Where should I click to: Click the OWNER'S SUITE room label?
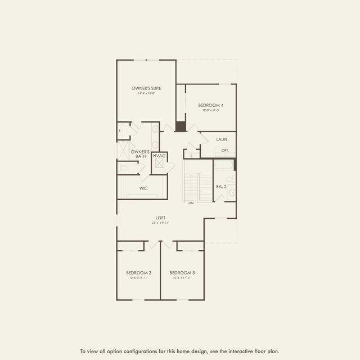(x=146, y=88)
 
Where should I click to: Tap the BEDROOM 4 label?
(x=211, y=105)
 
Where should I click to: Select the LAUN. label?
(x=222, y=138)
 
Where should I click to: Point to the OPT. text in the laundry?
(x=225, y=150)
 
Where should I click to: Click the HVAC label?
(x=159, y=156)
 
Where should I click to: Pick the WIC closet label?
(x=143, y=188)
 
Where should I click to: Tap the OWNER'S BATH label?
(x=139, y=154)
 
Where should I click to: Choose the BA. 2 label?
(x=221, y=186)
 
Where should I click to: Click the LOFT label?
(x=160, y=218)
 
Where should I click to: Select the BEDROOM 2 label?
(x=138, y=273)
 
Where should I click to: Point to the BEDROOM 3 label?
(x=181, y=273)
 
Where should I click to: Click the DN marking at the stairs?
(x=191, y=203)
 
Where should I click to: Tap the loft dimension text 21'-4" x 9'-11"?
(x=160, y=223)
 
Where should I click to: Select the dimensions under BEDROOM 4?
(x=211, y=110)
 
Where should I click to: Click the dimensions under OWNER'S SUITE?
(x=146, y=93)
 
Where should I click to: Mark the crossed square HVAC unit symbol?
(x=160, y=164)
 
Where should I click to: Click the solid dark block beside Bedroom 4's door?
(x=181, y=127)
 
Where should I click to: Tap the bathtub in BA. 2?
(x=224, y=165)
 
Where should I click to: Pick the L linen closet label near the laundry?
(x=191, y=155)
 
